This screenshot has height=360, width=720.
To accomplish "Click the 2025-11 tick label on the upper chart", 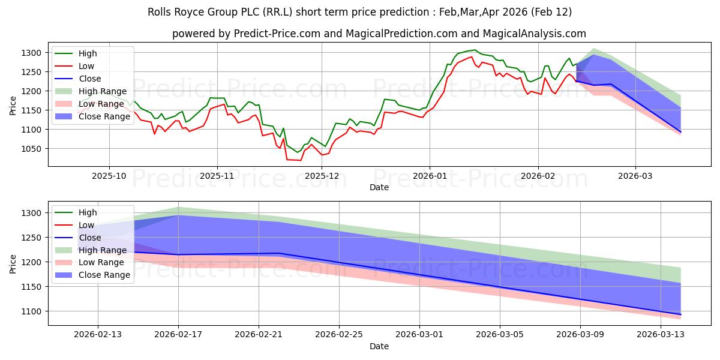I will coord(217,176).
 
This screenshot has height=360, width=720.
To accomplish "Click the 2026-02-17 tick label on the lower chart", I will coord(178,335).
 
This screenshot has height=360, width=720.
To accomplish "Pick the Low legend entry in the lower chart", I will coord(87,225).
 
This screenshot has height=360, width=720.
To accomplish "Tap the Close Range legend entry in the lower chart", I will coord(104,275).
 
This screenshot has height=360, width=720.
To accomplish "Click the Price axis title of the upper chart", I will coord(13,106).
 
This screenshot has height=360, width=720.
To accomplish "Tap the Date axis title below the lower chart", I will coord(379,346).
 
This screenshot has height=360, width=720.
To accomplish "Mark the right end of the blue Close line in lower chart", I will coord(680,314).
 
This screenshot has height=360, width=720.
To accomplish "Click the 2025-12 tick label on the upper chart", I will coord(322,176).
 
